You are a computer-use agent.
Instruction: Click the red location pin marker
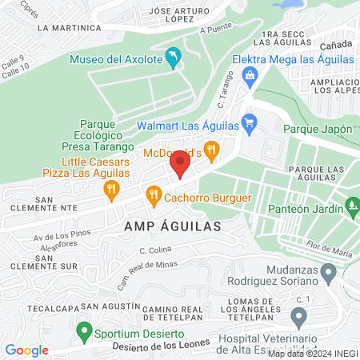(x=179, y=166)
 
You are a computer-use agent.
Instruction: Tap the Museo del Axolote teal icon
(x=172, y=58)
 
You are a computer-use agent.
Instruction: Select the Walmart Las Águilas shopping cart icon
(x=249, y=123)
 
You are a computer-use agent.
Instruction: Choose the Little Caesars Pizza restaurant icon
(x=110, y=189)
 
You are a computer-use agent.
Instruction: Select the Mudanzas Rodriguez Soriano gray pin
(x=328, y=275)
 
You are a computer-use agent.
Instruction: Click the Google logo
(x=26, y=350)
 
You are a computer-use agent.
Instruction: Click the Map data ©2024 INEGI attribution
(x=311, y=353)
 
